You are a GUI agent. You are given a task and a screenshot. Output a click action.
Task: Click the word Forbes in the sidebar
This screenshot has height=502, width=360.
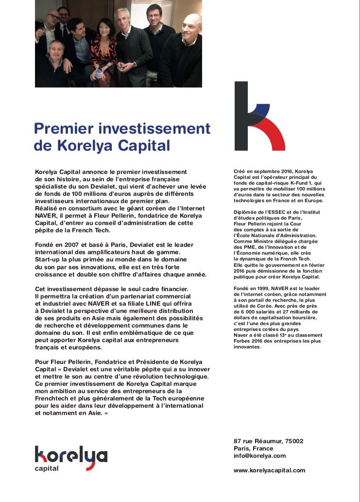pyautogui.click(x=244, y=341)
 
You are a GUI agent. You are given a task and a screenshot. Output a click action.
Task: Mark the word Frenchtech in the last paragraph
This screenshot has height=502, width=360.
pyautogui.click(x=52, y=398)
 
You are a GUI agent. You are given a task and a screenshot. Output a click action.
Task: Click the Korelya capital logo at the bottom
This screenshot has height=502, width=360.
pyautogui.click(x=71, y=458)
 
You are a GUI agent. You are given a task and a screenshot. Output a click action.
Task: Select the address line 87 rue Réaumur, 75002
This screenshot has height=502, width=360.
pyautogui.click(x=269, y=441)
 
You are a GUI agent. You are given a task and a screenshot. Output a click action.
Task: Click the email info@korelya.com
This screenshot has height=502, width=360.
pyautogui.click(x=260, y=456)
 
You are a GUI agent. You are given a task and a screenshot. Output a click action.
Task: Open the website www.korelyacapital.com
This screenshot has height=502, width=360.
pyautogui.click(x=270, y=470)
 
